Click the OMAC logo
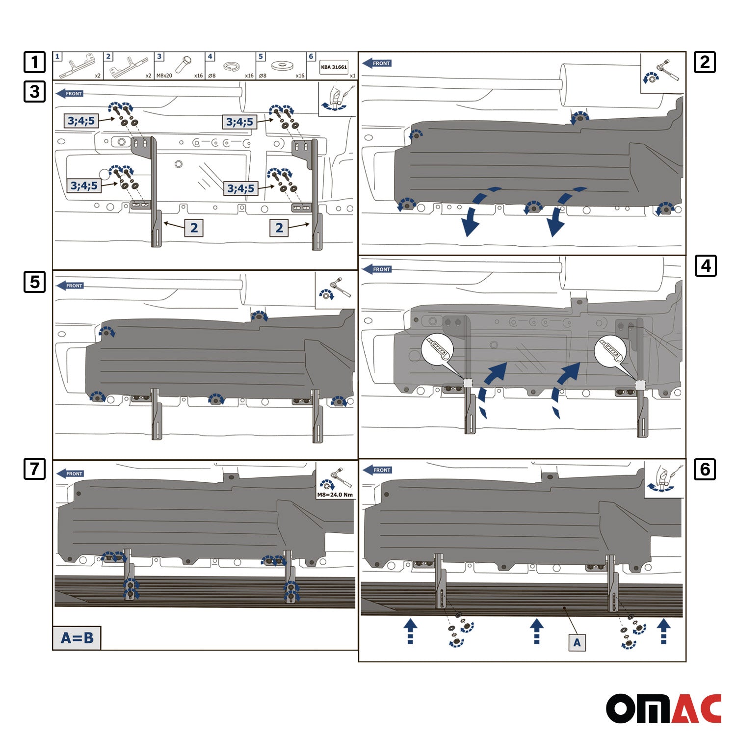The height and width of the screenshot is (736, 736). click(663, 708)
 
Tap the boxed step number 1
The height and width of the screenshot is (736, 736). click(34, 62)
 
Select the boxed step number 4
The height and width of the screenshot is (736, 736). click(706, 266)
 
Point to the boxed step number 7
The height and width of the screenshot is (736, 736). click(34, 469)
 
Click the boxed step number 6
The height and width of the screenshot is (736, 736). click(705, 470)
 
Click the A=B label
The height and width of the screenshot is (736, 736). click(77, 638)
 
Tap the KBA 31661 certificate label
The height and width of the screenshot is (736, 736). click(334, 67)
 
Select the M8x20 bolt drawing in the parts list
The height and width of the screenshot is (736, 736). click(184, 64)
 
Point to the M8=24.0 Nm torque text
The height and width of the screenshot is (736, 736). click(335, 495)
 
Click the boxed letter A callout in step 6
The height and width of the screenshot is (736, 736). click(577, 642)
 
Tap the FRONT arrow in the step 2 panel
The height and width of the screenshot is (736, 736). click(377, 63)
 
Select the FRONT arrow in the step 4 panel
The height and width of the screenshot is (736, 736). click(377, 269)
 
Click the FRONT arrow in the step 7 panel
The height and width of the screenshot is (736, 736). click(70, 473)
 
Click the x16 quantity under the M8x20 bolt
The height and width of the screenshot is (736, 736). click(198, 76)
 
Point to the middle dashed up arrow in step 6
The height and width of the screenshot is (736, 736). click(537, 631)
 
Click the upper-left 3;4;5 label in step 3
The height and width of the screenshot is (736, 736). click(81, 121)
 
